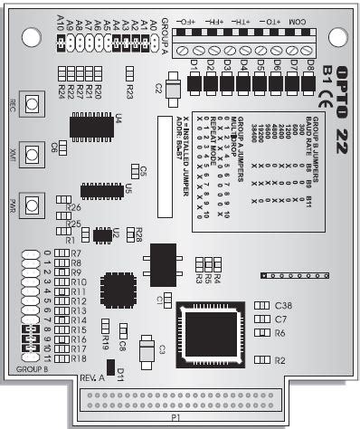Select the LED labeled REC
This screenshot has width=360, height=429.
(x=31, y=106)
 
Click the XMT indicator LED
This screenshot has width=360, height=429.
(x=31, y=155)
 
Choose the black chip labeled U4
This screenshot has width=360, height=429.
(x=91, y=127)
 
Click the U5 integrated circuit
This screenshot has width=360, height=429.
(x=101, y=191)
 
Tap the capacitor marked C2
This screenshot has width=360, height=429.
(x=171, y=88)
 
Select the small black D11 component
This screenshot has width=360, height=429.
(x=111, y=367)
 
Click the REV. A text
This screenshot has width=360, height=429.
(x=93, y=377)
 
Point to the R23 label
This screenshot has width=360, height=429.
(x=130, y=92)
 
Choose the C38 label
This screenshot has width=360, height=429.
(x=281, y=306)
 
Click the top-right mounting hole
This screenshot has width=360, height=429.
(x=338, y=37)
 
